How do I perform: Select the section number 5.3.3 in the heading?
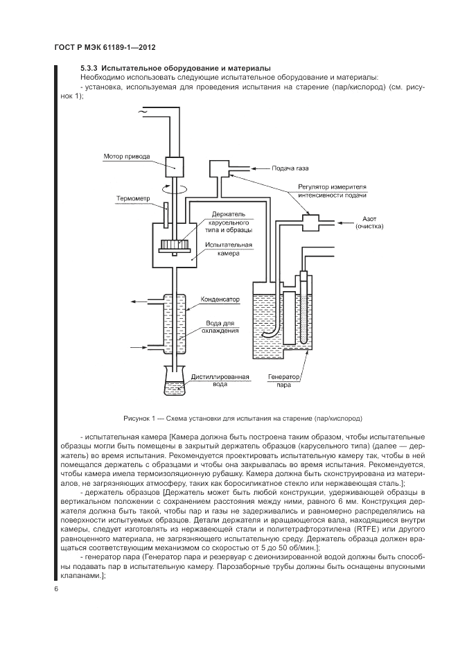click(89, 68)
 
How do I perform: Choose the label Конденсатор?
click(220, 299)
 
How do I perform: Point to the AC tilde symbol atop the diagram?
click(143, 111)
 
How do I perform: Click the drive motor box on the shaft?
click(174, 167)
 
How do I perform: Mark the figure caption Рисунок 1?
click(243, 419)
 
